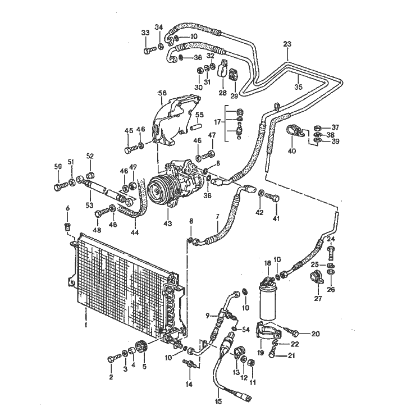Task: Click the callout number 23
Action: [287, 44]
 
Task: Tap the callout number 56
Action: [162, 93]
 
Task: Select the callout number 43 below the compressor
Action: [168, 223]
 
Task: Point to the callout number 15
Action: [218, 401]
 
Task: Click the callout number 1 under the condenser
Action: [86, 325]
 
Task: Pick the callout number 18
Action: [268, 263]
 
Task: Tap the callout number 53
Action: [89, 205]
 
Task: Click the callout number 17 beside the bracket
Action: [217, 122]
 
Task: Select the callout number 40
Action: [292, 151]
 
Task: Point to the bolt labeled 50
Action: [60, 186]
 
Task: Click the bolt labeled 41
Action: [272, 198]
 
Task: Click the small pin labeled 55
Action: [196, 126]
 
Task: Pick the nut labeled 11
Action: [252, 363]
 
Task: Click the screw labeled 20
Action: [291, 332]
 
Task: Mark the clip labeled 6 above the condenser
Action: [67, 227]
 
